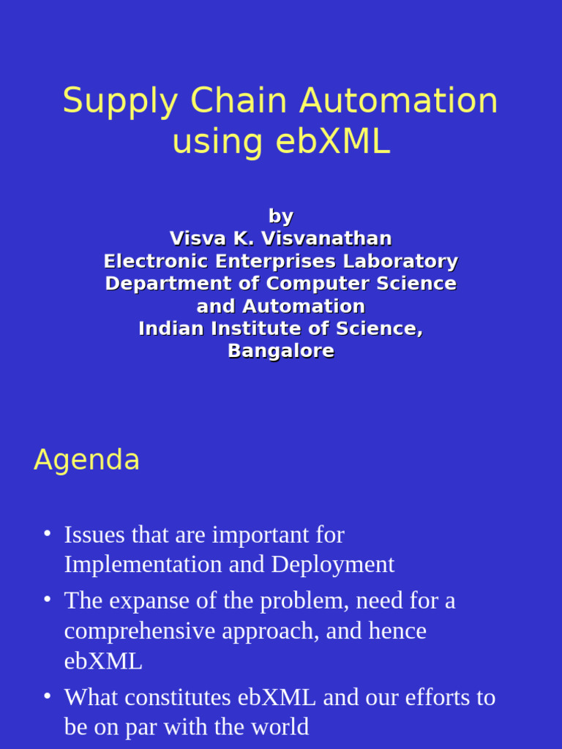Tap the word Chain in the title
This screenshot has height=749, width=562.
[x=235, y=101]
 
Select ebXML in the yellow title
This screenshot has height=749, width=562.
[x=333, y=142]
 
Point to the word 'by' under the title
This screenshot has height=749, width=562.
[x=281, y=217]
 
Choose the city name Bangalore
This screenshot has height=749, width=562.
[x=281, y=351]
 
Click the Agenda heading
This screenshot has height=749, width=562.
[x=86, y=460]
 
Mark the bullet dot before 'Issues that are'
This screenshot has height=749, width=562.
[x=47, y=533]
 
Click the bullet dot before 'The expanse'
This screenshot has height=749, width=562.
[x=47, y=599]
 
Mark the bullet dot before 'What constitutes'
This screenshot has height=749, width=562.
[x=47, y=696]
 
